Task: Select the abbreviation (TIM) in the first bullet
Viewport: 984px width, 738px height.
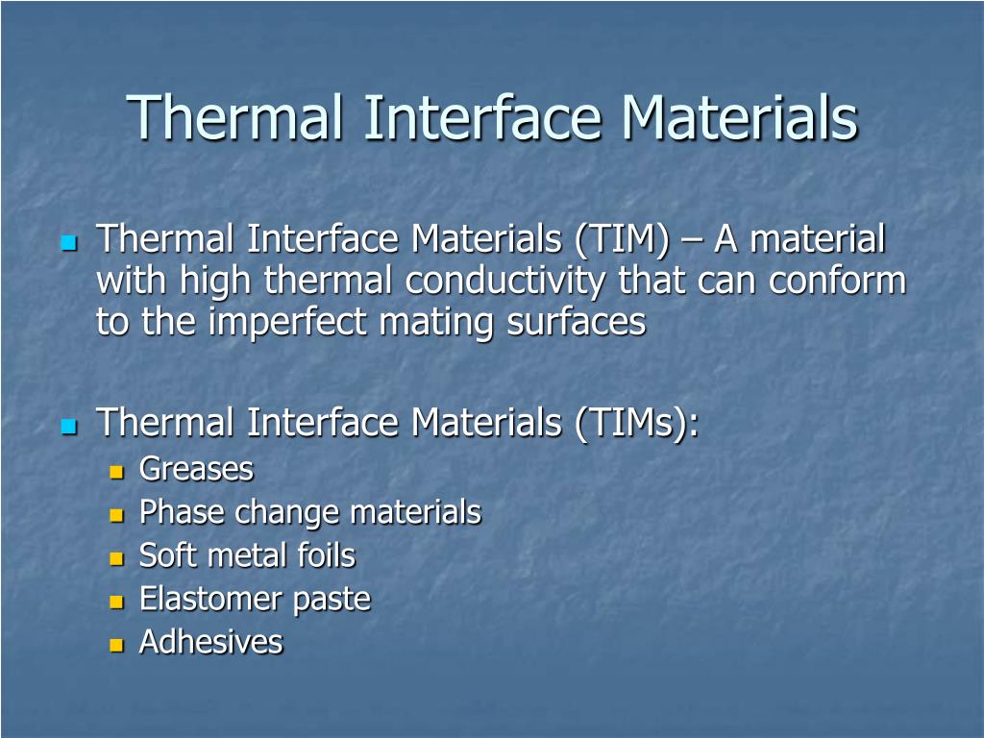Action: click(622, 239)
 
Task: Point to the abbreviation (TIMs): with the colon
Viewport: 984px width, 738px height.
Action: click(638, 422)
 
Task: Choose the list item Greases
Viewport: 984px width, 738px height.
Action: click(196, 470)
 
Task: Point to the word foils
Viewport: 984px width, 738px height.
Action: click(328, 555)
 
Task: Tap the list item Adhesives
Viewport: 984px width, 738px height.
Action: click(210, 642)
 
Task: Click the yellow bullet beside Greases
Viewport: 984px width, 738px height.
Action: click(117, 472)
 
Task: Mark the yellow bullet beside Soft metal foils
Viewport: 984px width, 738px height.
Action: click(117, 557)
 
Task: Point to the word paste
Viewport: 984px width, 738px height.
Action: click(332, 600)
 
